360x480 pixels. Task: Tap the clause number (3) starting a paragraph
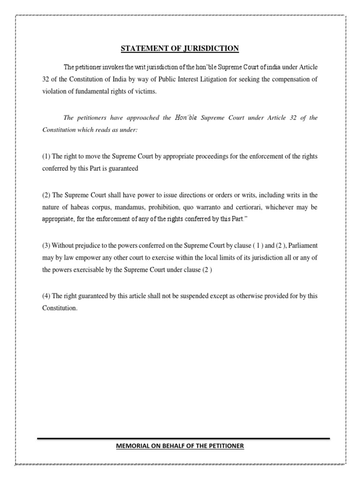tap(46, 245)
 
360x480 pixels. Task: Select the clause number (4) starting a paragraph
tap(46, 296)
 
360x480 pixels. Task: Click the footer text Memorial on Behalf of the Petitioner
tap(180, 446)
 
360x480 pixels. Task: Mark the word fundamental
tap(89, 91)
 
